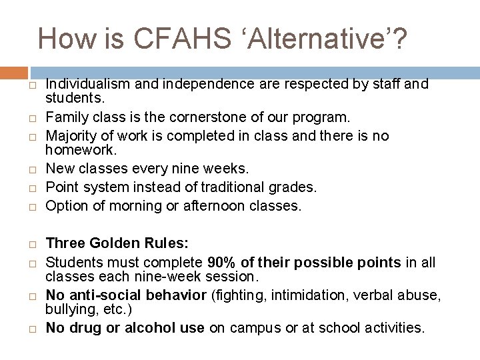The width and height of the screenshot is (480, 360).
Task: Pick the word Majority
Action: (69, 135)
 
